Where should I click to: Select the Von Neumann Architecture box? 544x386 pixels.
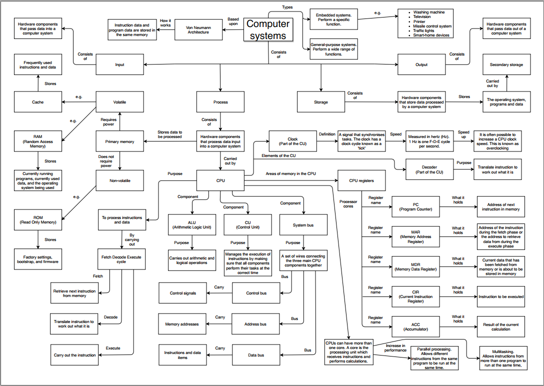tap(198, 30)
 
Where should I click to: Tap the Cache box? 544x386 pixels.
tap(38, 102)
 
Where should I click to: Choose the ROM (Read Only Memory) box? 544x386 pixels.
tap(38, 219)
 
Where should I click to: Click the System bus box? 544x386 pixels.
tap(303, 225)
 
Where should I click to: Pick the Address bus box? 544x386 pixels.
tap(255, 324)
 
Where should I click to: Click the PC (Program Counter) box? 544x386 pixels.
tap(415, 206)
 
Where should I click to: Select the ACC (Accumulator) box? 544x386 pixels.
tap(415, 327)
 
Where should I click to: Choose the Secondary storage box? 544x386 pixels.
tap(506, 64)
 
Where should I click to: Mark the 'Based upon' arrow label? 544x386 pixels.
tap(233, 22)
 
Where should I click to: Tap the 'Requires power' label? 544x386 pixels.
tap(108, 122)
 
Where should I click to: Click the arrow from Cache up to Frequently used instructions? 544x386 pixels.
tap(38, 83)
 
